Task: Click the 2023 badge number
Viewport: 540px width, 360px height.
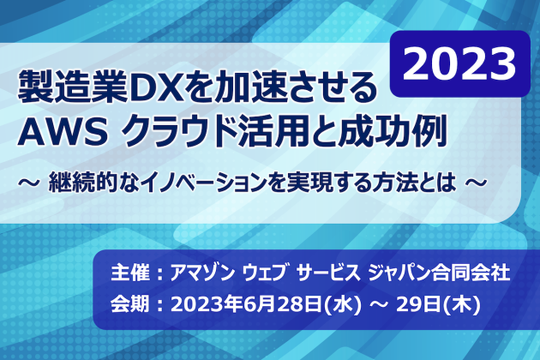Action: pos(459,64)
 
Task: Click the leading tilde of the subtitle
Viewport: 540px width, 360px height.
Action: pos(28,183)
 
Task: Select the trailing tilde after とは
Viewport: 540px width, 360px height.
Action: pos(477,183)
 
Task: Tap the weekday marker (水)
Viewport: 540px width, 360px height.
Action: pos(343,305)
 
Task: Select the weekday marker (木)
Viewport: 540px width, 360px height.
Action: pos(461,305)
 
